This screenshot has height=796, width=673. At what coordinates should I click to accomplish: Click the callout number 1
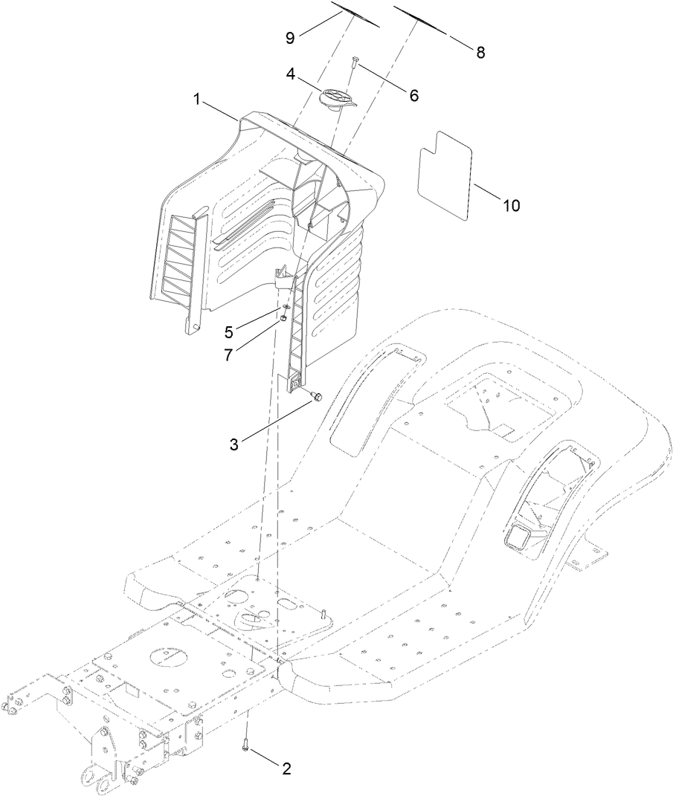pos(198,100)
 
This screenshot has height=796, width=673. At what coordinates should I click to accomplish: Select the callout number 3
pos(234,444)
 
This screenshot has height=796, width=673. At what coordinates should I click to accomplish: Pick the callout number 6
pos(413,95)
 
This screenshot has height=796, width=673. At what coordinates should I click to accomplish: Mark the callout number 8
pos(480,52)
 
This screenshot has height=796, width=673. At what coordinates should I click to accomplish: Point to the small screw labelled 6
pos(355,63)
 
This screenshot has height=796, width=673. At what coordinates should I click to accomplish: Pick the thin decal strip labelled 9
pos(355,15)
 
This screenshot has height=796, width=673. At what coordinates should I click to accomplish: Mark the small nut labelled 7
pos(284,320)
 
